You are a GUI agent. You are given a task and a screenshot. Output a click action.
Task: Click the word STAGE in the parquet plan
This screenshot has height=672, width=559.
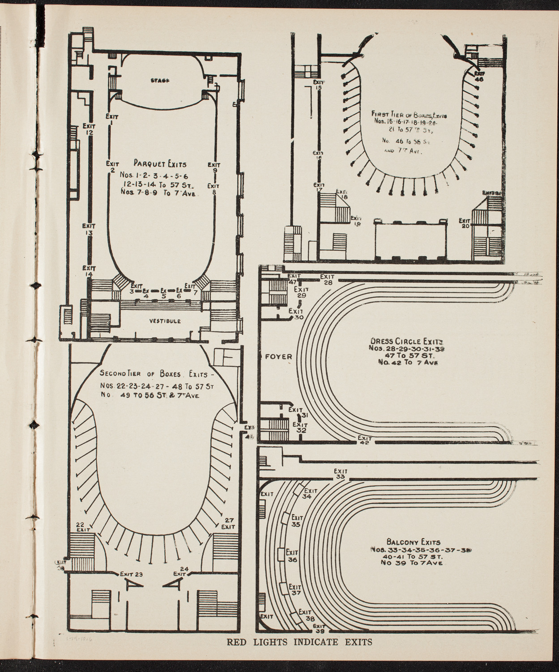click(158, 80)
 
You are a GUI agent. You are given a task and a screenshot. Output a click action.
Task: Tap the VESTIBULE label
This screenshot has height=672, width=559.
click(165, 321)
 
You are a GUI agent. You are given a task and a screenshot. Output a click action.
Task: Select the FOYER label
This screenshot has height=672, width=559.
click(278, 357)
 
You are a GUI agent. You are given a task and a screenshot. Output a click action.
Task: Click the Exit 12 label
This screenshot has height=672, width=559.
click(89, 129)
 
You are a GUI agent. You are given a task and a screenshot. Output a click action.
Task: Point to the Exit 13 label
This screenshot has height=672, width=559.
click(89, 229)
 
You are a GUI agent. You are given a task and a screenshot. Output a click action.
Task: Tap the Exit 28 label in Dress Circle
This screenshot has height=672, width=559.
click(328, 280)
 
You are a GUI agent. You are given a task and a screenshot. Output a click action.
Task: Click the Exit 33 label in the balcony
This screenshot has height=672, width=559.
click(341, 474)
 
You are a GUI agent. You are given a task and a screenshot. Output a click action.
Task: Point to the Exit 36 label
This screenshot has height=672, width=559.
click(292, 556)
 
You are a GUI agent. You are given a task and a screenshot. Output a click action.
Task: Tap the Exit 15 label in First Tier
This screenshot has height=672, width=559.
click(319, 85)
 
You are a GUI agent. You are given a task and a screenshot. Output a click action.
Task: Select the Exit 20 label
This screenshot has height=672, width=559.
click(465, 224)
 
